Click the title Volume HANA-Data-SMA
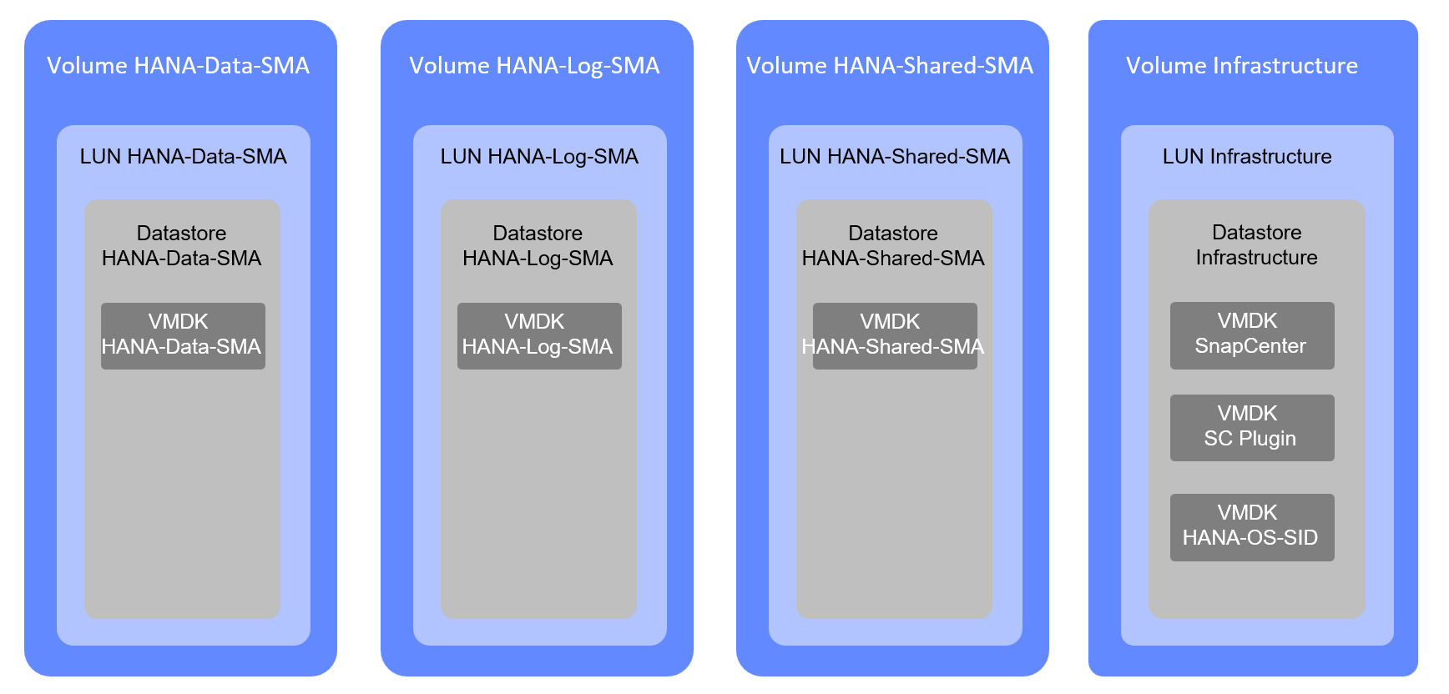178,66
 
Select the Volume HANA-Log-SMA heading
534,66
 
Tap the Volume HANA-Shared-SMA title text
890,66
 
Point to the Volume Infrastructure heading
1242,66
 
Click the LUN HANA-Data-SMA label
183,157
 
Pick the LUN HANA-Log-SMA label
539,157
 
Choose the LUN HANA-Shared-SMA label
895,157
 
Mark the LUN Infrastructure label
1247,157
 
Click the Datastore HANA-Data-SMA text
181,246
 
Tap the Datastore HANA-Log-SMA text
538,246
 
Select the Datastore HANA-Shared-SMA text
893,246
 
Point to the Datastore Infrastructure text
1256,245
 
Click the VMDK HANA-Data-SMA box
183,335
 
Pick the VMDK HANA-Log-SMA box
539,335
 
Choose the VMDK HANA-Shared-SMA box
895,335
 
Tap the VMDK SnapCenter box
1252,335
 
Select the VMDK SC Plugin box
1252,427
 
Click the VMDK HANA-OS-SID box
1252,527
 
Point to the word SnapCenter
1250,346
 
